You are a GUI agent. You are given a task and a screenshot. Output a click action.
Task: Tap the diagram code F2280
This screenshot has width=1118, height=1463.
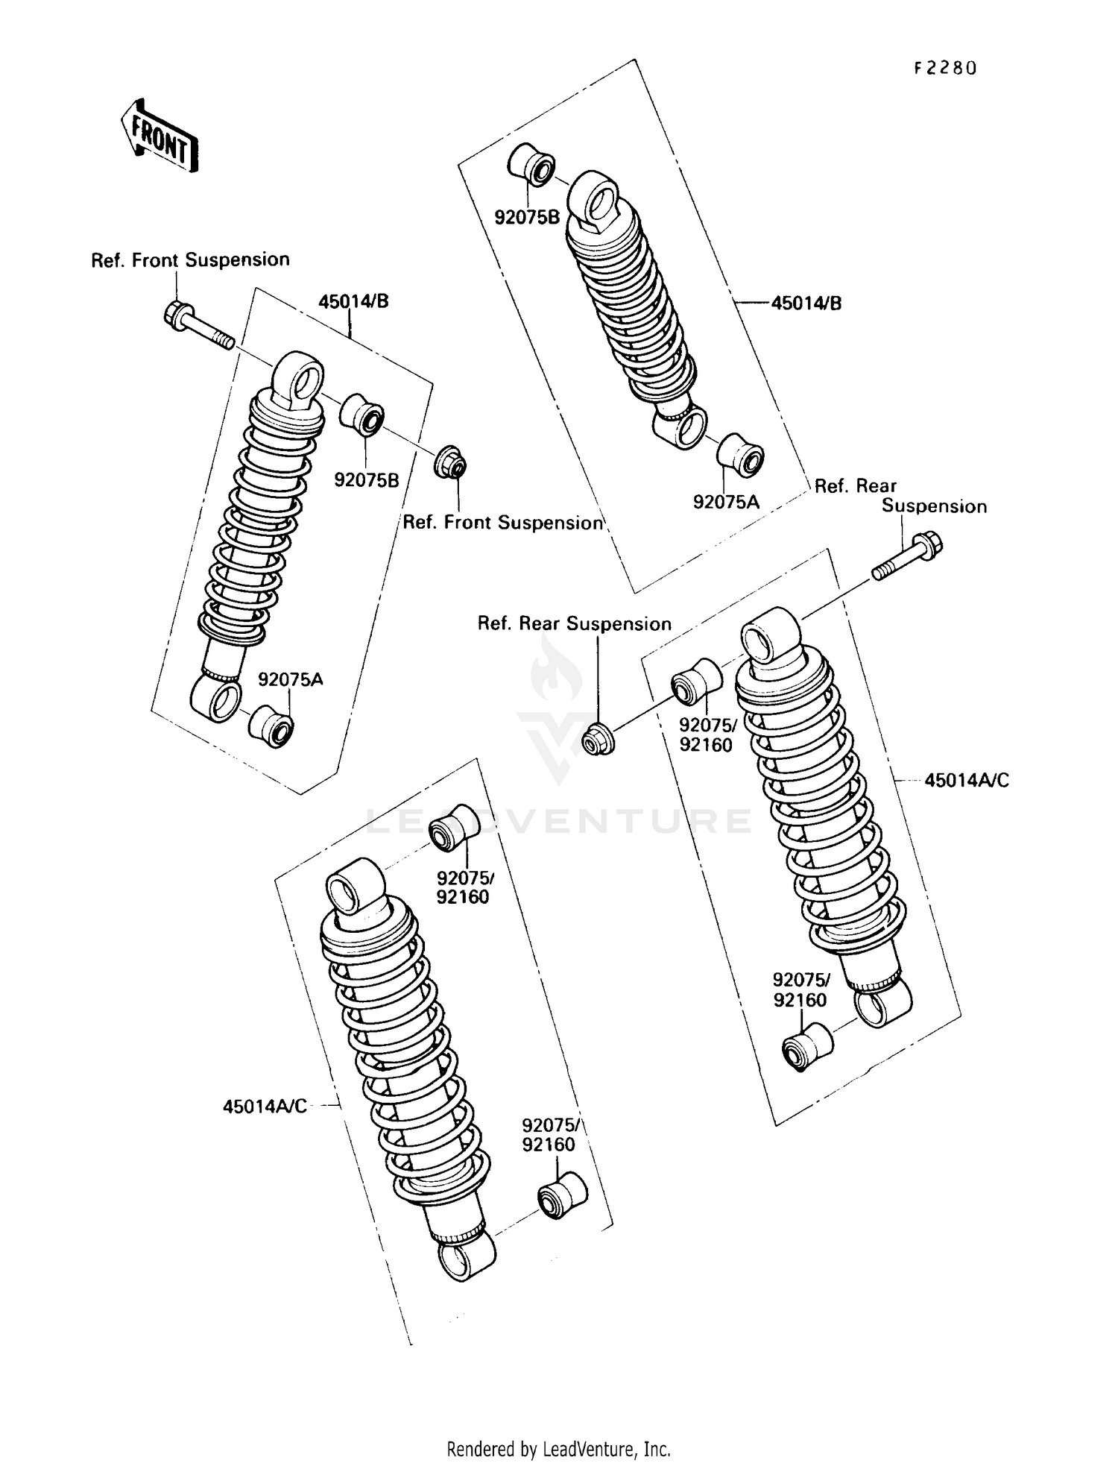(944, 69)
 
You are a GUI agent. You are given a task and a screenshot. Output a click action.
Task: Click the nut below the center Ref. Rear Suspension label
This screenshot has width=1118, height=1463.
(597, 740)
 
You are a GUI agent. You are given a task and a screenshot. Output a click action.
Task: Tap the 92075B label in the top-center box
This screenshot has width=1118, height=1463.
(527, 217)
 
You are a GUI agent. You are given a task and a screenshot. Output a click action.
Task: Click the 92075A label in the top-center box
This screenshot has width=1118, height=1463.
(725, 502)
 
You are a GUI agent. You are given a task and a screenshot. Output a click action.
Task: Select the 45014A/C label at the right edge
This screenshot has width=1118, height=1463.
(967, 780)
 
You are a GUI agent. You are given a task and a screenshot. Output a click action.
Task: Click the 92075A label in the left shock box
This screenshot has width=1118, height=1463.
(290, 679)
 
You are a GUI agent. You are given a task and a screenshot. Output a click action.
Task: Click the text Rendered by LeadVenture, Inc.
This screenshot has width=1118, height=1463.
(558, 1449)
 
